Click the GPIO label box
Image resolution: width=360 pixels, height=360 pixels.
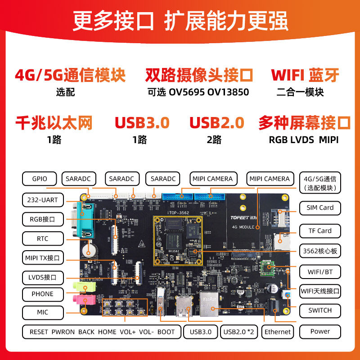click(40, 179)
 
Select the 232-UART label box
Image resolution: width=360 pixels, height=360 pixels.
click(42, 200)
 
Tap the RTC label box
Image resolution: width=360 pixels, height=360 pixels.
click(42, 238)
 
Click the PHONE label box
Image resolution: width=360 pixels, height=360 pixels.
click(42, 294)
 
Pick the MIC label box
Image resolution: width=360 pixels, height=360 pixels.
click(42, 312)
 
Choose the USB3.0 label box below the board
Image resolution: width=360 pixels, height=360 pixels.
click(201, 332)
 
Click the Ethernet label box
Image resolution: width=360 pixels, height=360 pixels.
click(278, 332)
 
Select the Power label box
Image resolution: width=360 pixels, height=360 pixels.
click(320, 331)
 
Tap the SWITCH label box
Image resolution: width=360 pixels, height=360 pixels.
click(320, 310)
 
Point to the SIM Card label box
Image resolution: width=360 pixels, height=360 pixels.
click(320, 207)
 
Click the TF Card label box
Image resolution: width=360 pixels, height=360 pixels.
click(320, 231)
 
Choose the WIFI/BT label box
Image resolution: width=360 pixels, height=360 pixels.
click(320, 272)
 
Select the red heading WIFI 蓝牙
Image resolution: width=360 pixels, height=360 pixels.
click(305, 75)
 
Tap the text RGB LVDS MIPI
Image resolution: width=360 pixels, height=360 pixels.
click(304, 139)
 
